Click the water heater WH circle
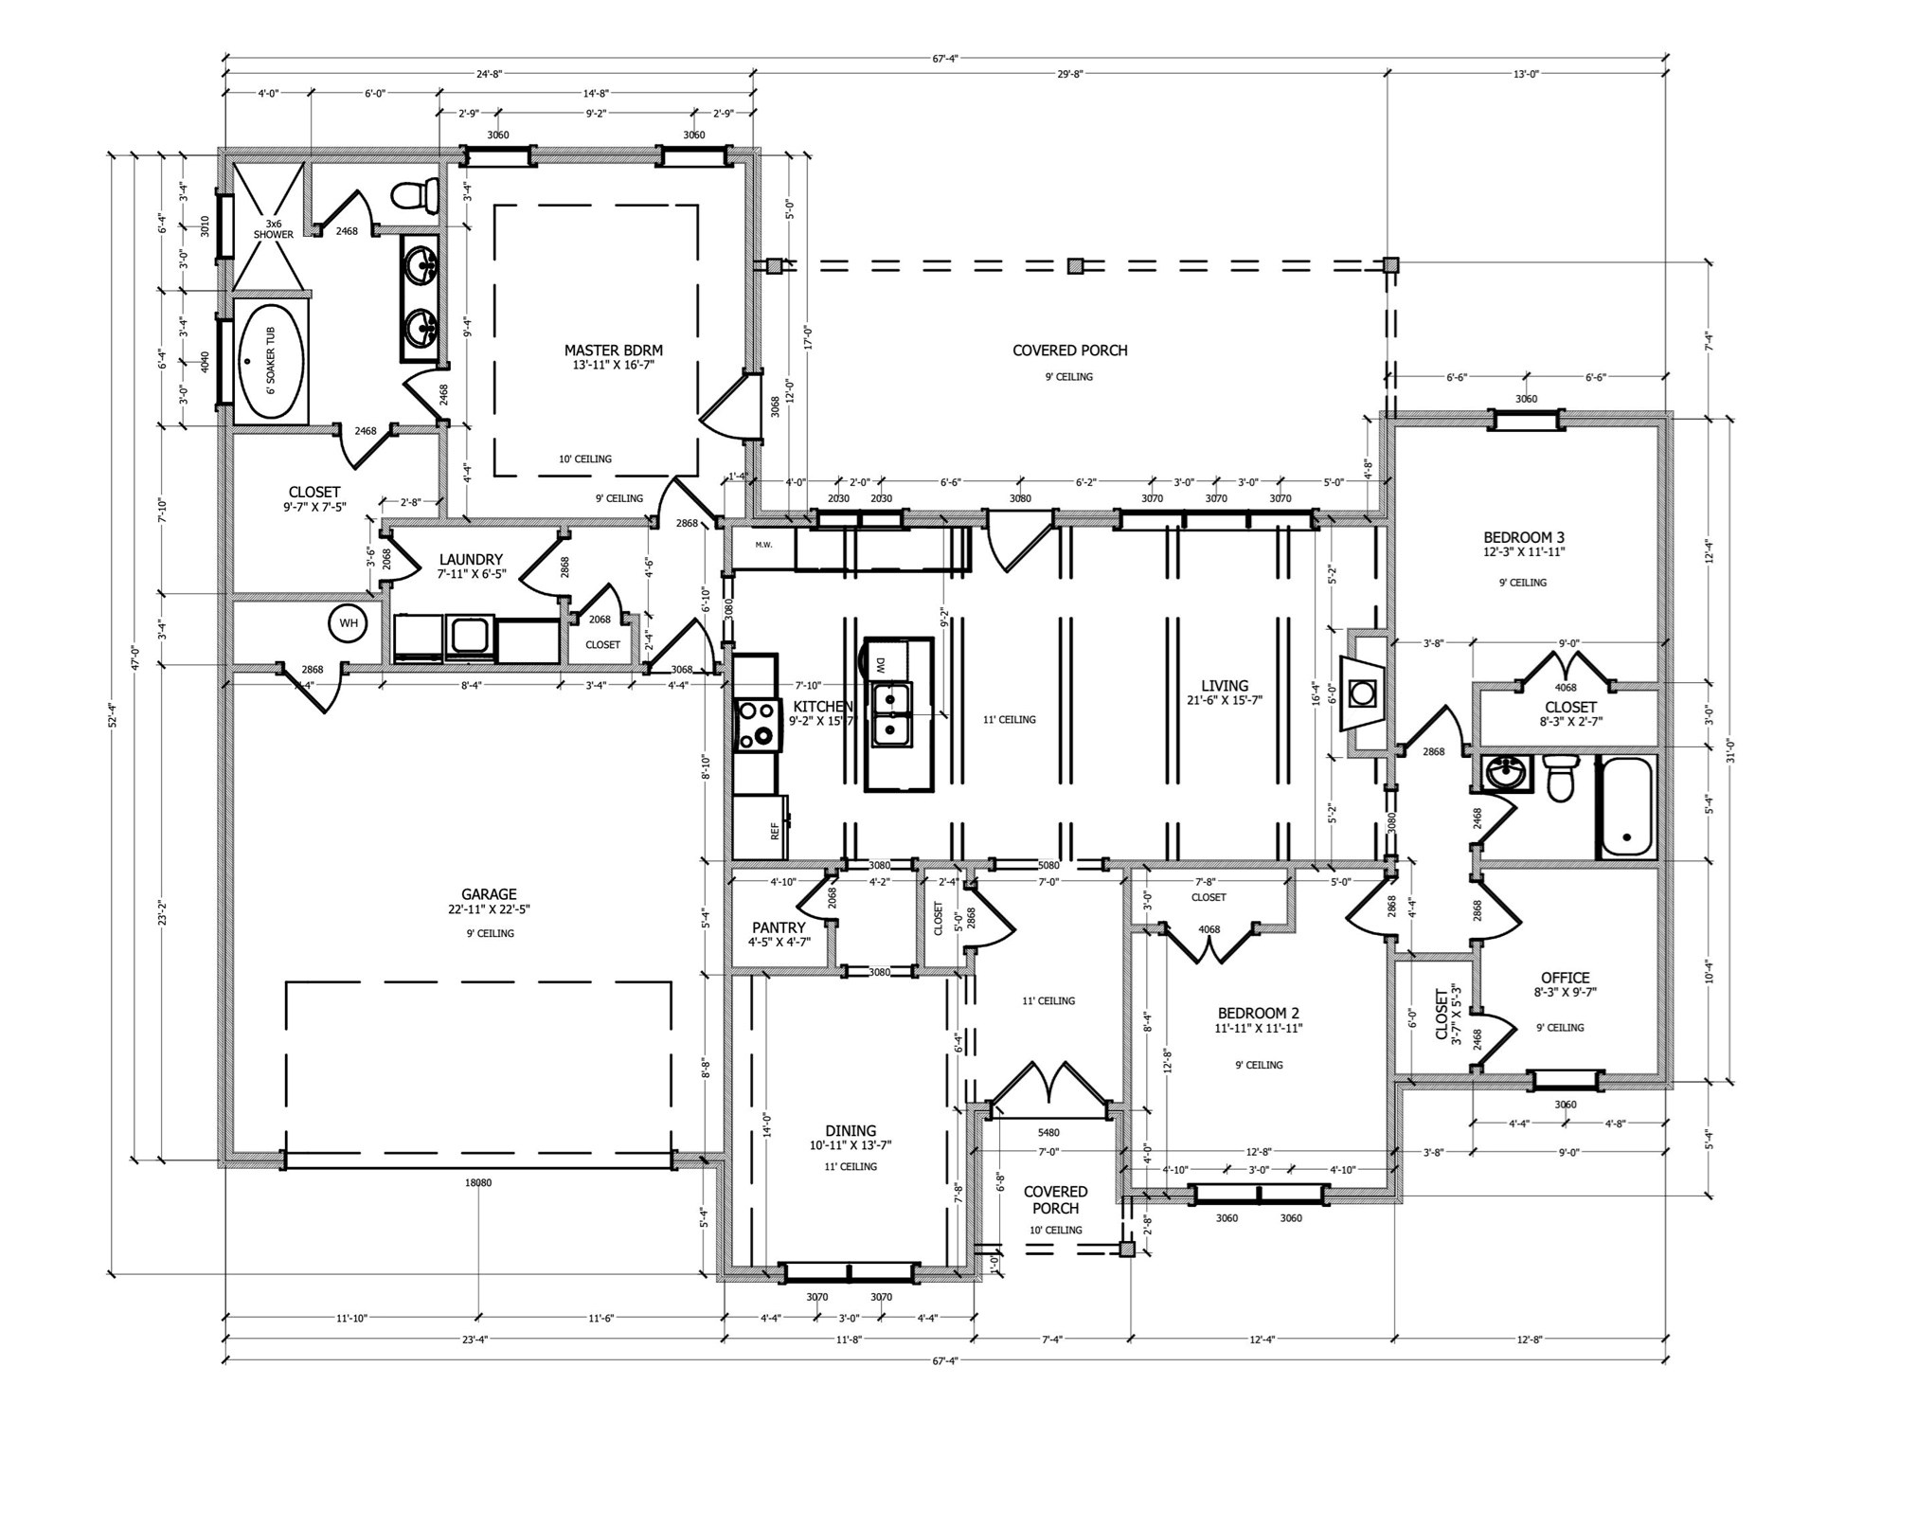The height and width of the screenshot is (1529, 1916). click(349, 623)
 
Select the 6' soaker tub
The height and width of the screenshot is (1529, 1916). click(271, 360)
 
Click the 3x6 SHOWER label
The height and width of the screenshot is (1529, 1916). click(273, 229)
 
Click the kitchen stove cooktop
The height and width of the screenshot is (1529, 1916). click(756, 725)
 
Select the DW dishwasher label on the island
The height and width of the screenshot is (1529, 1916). click(879, 664)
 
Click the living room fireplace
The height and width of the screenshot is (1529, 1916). click(1363, 693)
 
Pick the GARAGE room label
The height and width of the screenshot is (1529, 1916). click(489, 893)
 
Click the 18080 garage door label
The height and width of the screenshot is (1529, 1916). click(478, 1182)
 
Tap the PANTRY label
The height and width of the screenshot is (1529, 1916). click(779, 927)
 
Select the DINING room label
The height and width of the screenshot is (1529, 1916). click(851, 1130)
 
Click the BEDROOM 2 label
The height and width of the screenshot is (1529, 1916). click(1258, 1013)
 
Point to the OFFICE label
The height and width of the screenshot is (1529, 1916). click(1565, 978)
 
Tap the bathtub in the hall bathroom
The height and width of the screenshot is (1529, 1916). click(1626, 807)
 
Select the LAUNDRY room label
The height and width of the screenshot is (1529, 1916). click(471, 560)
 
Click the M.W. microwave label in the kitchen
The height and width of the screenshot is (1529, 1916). click(763, 545)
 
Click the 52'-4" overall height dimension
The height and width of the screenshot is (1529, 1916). click(112, 714)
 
